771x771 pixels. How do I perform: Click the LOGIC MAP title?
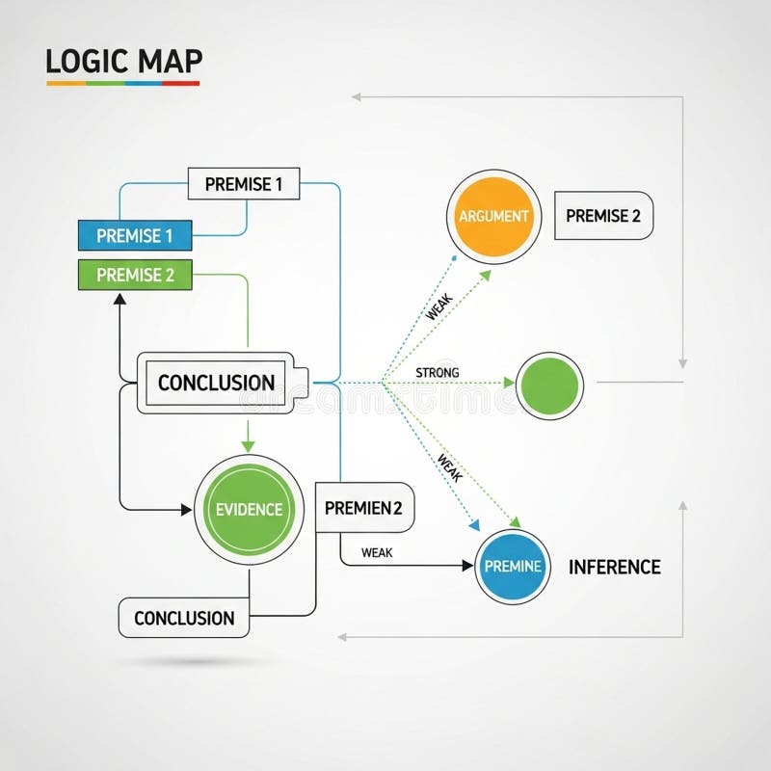click(123, 60)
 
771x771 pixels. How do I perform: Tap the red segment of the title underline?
click(180, 84)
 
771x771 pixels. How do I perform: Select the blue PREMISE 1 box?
click(135, 234)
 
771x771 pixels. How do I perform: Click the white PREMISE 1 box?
click(244, 183)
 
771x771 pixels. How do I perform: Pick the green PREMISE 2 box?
click(135, 275)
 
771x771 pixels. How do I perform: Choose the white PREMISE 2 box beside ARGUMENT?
click(602, 216)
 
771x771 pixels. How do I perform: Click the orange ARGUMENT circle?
click(493, 216)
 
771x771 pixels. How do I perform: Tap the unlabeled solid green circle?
click(549, 385)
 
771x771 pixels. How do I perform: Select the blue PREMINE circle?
click(512, 567)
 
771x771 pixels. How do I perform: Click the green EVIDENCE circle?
click(249, 510)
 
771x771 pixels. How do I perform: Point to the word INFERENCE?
click(614, 567)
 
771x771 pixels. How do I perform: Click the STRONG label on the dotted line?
click(437, 372)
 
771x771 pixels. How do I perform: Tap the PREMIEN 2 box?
click(364, 508)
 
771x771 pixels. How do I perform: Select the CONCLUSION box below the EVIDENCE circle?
click(183, 618)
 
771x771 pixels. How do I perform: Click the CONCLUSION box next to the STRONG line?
click(216, 383)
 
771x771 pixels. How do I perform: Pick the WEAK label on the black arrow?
click(376, 552)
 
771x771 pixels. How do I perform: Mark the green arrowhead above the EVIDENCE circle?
click(248, 446)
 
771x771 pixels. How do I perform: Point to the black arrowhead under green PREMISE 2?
click(120, 299)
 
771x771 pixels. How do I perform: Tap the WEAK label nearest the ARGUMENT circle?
click(439, 308)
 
